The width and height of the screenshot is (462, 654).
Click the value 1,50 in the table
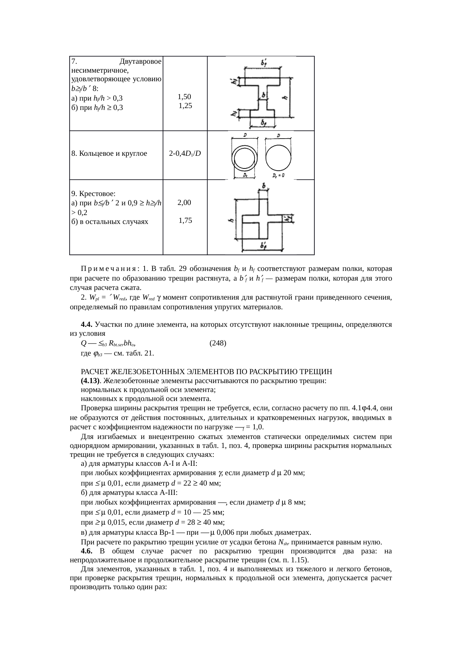(184, 97)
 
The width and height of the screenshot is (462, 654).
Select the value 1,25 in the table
(185, 106)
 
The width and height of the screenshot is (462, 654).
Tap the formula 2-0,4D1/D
(185, 154)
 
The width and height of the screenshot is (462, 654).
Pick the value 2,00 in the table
(184, 203)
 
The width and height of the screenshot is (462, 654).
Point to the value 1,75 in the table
(185, 221)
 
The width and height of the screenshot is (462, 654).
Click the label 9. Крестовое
(93, 194)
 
